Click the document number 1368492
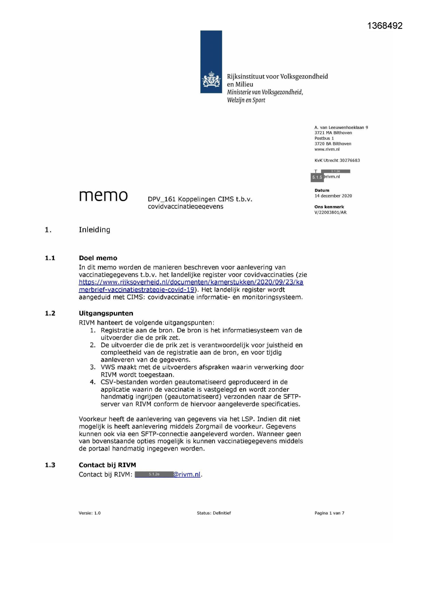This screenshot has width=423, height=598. tap(385, 26)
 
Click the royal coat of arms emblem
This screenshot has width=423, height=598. tap(211, 80)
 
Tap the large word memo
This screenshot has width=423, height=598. tap(103, 195)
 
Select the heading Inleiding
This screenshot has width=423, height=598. tap(94, 230)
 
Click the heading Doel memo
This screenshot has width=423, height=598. tap(98, 258)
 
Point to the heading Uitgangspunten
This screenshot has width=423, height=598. tap(106, 313)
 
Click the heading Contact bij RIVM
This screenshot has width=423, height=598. tap(107, 465)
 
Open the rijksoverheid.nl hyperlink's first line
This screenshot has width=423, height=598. tap(191, 282)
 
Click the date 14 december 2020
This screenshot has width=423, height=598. tap(333, 196)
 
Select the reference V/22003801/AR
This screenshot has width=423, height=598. tap(330, 212)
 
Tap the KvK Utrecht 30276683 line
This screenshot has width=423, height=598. tap(337, 160)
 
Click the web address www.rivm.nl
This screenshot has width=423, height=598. tap(327, 149)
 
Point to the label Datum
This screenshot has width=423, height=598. tap(322, 190)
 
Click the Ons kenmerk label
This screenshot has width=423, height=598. tap(329, 207)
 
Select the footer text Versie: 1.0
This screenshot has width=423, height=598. tap(90, 513)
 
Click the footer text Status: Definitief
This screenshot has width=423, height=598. tap(214, 513)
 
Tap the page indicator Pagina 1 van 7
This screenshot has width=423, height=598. tap(329, 513)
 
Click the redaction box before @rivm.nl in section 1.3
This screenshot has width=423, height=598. tap(154, 474)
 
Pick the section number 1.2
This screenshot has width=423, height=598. tap(50, 313)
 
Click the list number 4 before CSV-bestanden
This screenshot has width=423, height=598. tap(92, 382)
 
